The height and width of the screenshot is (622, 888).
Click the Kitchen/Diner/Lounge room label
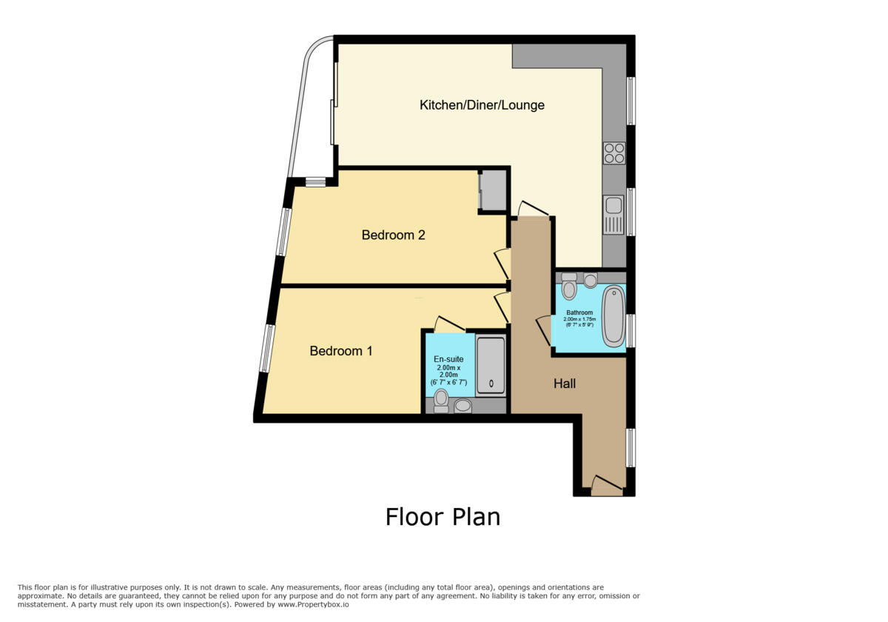482,105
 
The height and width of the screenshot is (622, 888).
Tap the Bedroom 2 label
393,235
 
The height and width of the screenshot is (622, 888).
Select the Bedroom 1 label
341,351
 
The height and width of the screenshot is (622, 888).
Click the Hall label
565,384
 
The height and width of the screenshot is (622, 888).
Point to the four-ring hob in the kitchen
614,153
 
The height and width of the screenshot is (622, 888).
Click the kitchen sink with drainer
614,215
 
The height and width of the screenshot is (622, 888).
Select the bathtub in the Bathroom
613,317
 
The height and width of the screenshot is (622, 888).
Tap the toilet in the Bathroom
568,287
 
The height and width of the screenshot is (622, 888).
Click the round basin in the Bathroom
591,281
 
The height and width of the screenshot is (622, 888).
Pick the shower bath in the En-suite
491,366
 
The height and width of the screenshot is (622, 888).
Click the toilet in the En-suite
442,401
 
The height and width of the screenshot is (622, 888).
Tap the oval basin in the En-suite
463,405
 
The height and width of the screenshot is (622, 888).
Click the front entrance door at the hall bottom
607,486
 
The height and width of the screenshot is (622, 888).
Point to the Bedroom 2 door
501,263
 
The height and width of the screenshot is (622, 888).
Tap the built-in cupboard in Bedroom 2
493,191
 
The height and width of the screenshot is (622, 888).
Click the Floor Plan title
443,517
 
